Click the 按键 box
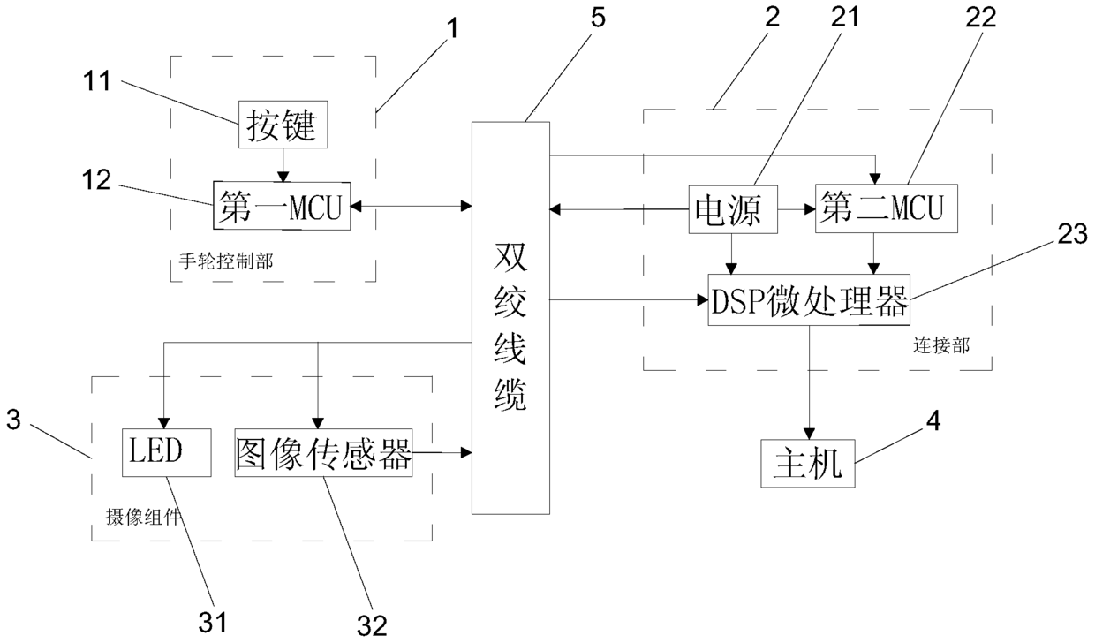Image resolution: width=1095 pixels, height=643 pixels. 283,125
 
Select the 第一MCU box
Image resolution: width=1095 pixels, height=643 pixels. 282,206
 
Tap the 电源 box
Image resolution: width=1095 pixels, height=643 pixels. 733,209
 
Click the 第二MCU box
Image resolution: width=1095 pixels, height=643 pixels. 887,208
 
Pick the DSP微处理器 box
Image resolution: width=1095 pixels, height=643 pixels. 809,299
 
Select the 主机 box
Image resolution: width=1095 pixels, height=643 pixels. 807,463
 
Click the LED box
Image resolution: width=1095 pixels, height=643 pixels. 167,452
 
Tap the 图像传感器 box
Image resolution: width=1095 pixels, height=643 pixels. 323,452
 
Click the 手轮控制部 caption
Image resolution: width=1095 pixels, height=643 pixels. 225,261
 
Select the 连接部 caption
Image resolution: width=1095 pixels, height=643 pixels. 941,345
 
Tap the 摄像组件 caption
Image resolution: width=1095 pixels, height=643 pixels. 143,517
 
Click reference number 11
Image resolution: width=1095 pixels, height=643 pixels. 98,80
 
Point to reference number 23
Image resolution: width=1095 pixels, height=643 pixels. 1073,234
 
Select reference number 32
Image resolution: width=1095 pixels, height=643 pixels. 372,625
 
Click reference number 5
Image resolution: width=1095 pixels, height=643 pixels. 598,18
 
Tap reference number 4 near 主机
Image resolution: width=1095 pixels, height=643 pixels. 933,420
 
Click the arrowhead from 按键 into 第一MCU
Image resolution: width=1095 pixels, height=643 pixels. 283,177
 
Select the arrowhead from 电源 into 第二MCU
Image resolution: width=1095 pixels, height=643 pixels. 810,209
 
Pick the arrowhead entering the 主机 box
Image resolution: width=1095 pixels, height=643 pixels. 809,434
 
